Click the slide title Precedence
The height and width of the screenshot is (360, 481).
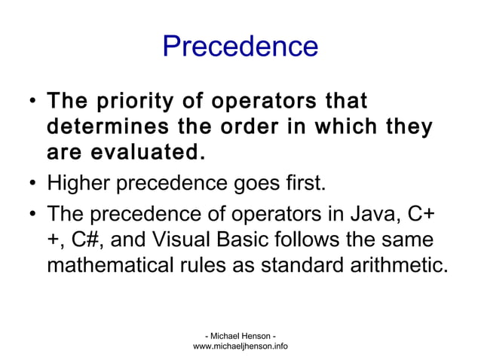tap(240, 47)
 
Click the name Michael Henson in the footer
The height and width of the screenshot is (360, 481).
tap(240, 334)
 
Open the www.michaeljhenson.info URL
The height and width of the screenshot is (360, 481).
tap(240, 346)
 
